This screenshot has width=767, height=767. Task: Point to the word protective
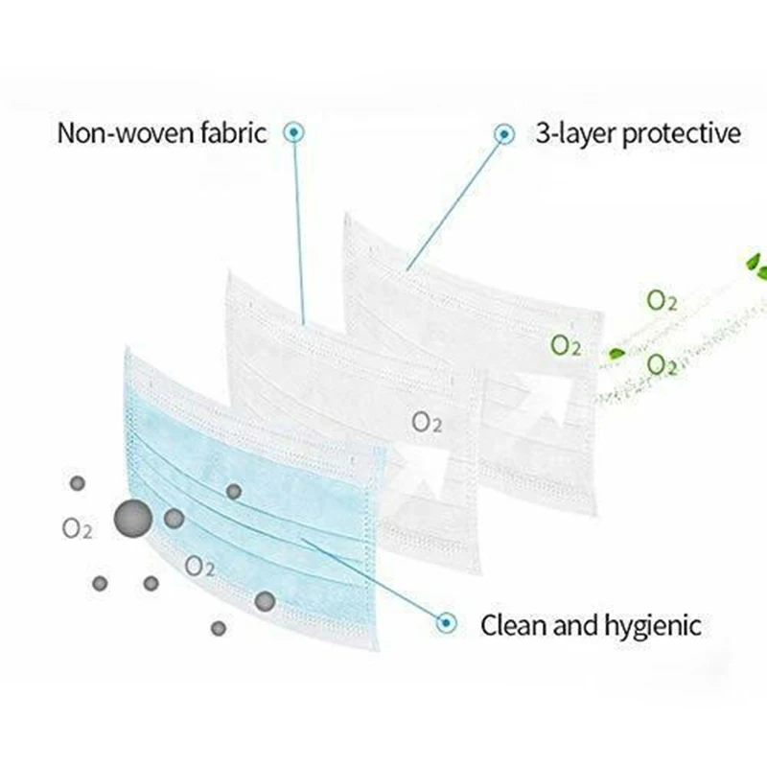pos(683,132)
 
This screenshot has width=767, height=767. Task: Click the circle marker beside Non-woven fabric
pos(294,131)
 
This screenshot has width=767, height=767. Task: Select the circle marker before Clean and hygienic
pos(445,624)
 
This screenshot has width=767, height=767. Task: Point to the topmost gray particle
pos(77,482)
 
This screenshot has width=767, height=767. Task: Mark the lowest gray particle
pos(219,628)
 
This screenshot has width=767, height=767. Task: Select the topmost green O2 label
pos(662,300)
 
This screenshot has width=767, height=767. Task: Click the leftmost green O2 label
pos(566,344)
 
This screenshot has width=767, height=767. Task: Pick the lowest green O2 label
pos(662,364)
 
